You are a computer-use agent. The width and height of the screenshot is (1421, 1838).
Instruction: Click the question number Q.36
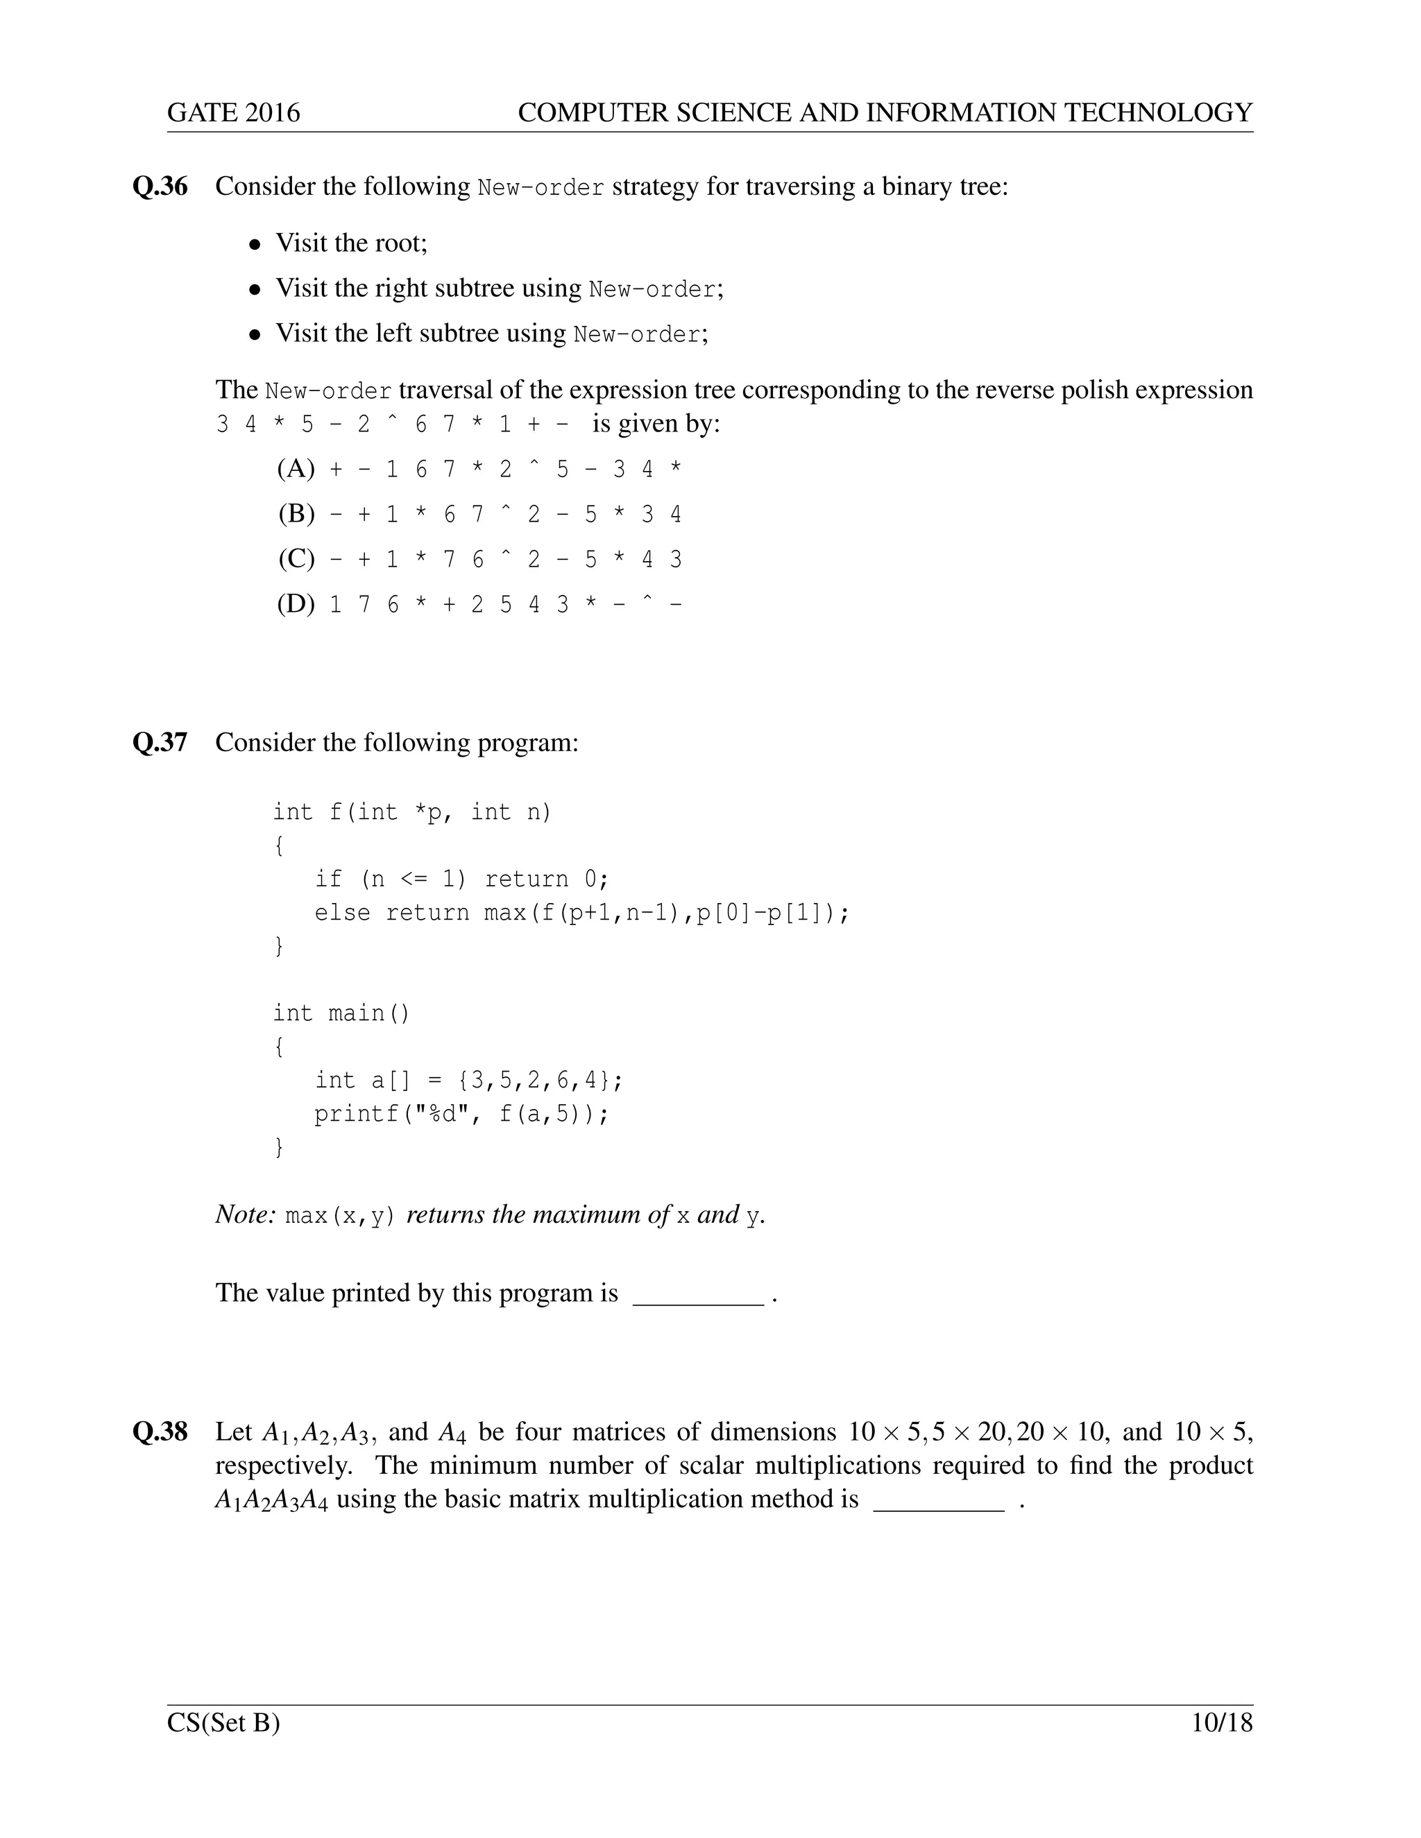[160, 186]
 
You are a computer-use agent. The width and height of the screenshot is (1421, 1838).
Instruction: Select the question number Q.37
[160, 742]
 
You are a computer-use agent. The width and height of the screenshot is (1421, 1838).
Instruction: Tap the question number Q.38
[160, 1432]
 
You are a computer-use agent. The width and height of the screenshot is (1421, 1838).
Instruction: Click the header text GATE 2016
[233, 113]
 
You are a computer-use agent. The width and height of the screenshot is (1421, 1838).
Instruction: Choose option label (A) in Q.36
[296, 469]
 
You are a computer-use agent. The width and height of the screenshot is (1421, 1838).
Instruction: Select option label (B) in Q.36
[296, 513]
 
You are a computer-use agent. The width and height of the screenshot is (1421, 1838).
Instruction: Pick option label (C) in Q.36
[296, 559]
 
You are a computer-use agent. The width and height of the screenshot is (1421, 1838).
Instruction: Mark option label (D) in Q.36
[296, 604]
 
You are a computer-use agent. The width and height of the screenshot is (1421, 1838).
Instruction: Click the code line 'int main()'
[341, 1013]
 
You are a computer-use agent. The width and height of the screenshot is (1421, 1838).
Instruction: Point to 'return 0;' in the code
[545, 879]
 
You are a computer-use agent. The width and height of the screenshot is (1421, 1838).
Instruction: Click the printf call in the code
[461, 1115]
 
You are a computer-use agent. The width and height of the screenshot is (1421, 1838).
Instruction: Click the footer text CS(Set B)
[223, 1724]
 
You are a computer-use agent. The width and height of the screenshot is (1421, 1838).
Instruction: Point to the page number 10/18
[1221, 1724]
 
